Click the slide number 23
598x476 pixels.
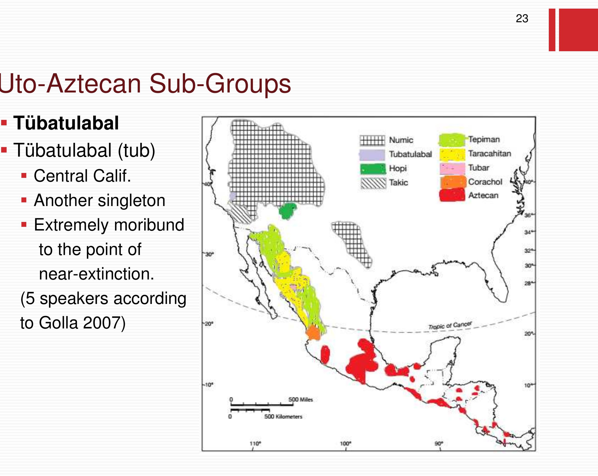[522, 19]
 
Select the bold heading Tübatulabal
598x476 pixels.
[66, 123]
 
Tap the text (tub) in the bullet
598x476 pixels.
[136, 151]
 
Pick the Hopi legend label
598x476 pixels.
[398, 168]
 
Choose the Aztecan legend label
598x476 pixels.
[483, 195]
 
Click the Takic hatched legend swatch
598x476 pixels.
[373, 183]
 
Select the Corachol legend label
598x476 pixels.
[485, 182]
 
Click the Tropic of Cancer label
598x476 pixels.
[450, 325]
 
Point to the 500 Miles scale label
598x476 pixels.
[300, 399]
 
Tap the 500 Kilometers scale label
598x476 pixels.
[283, 416]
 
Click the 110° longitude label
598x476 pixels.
[255, 444]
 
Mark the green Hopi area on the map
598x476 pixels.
[287, 211]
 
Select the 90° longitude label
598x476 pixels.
[439, 444]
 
